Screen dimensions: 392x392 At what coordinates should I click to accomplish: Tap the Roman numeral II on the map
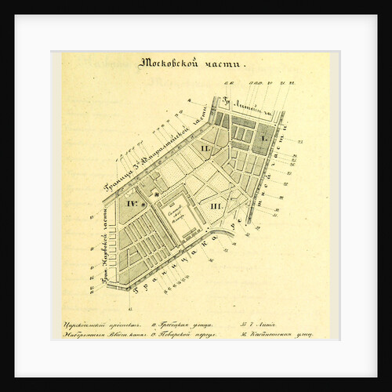pos(205,148)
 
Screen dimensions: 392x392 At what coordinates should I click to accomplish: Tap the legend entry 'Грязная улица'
pos(180,323)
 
